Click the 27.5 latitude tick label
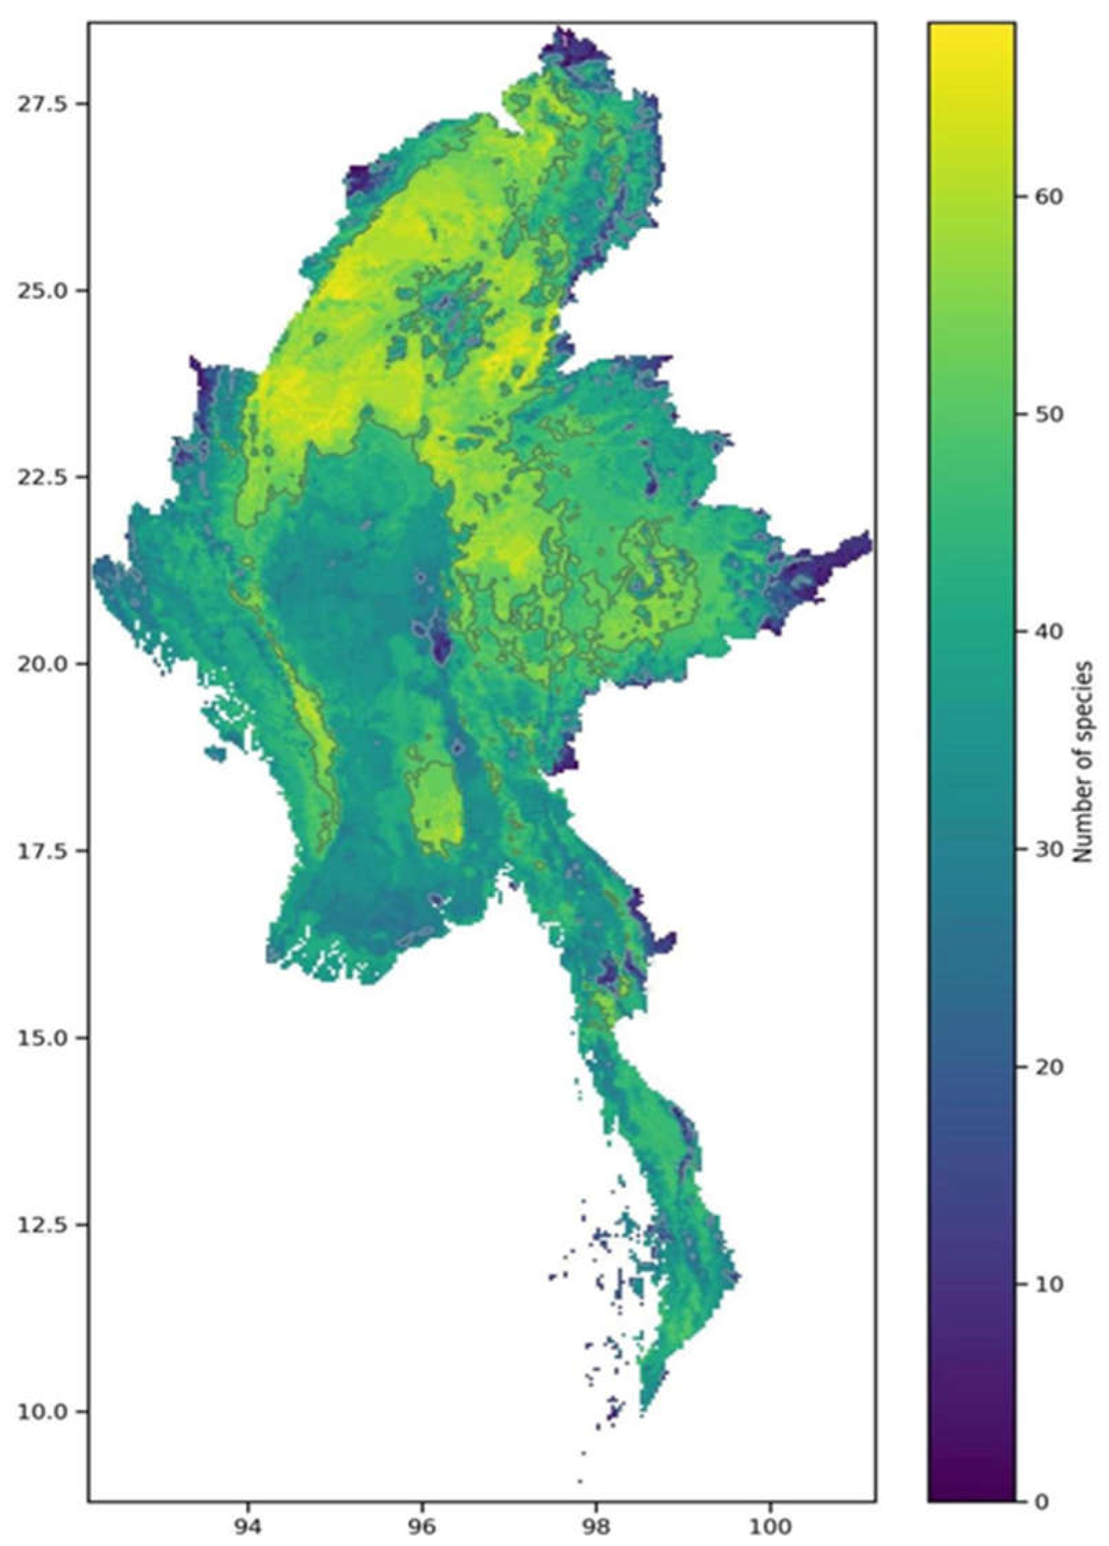click(42, 104)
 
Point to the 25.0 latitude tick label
click(42, 290)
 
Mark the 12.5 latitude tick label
click(42, 1224)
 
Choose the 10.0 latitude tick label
click(42, 1411)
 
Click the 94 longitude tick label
click(249, 1526)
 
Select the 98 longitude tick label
click(597, 1526)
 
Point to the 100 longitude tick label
click(771, 1526)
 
